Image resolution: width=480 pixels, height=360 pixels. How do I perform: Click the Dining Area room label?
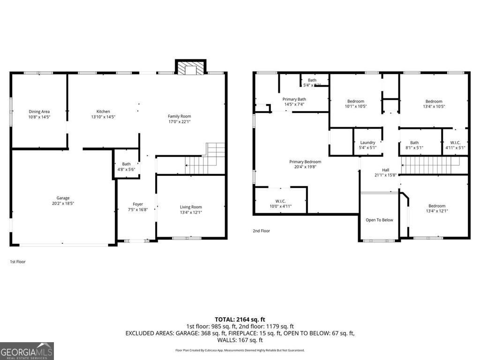click(39, 112)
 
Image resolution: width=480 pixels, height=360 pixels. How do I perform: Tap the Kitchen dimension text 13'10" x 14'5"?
click(103, 117)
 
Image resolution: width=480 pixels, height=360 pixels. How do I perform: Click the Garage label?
click(63, 198)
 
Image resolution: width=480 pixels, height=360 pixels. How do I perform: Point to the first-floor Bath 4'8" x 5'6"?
click(125, 167)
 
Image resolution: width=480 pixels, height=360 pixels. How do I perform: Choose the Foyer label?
click(138, 204)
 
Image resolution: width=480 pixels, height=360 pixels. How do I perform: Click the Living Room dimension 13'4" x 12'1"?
click(191, 212)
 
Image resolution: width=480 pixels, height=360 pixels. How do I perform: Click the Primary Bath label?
click(294, 99)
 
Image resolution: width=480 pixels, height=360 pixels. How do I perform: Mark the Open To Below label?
click(379, 220)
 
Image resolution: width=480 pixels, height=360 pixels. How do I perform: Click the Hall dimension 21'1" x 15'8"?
click(385, 175)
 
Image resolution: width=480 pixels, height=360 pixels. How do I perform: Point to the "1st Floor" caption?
click(18, 262)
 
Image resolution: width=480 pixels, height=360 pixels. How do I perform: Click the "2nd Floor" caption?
click(262, 231)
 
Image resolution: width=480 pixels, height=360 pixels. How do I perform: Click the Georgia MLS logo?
click(27, 351)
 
